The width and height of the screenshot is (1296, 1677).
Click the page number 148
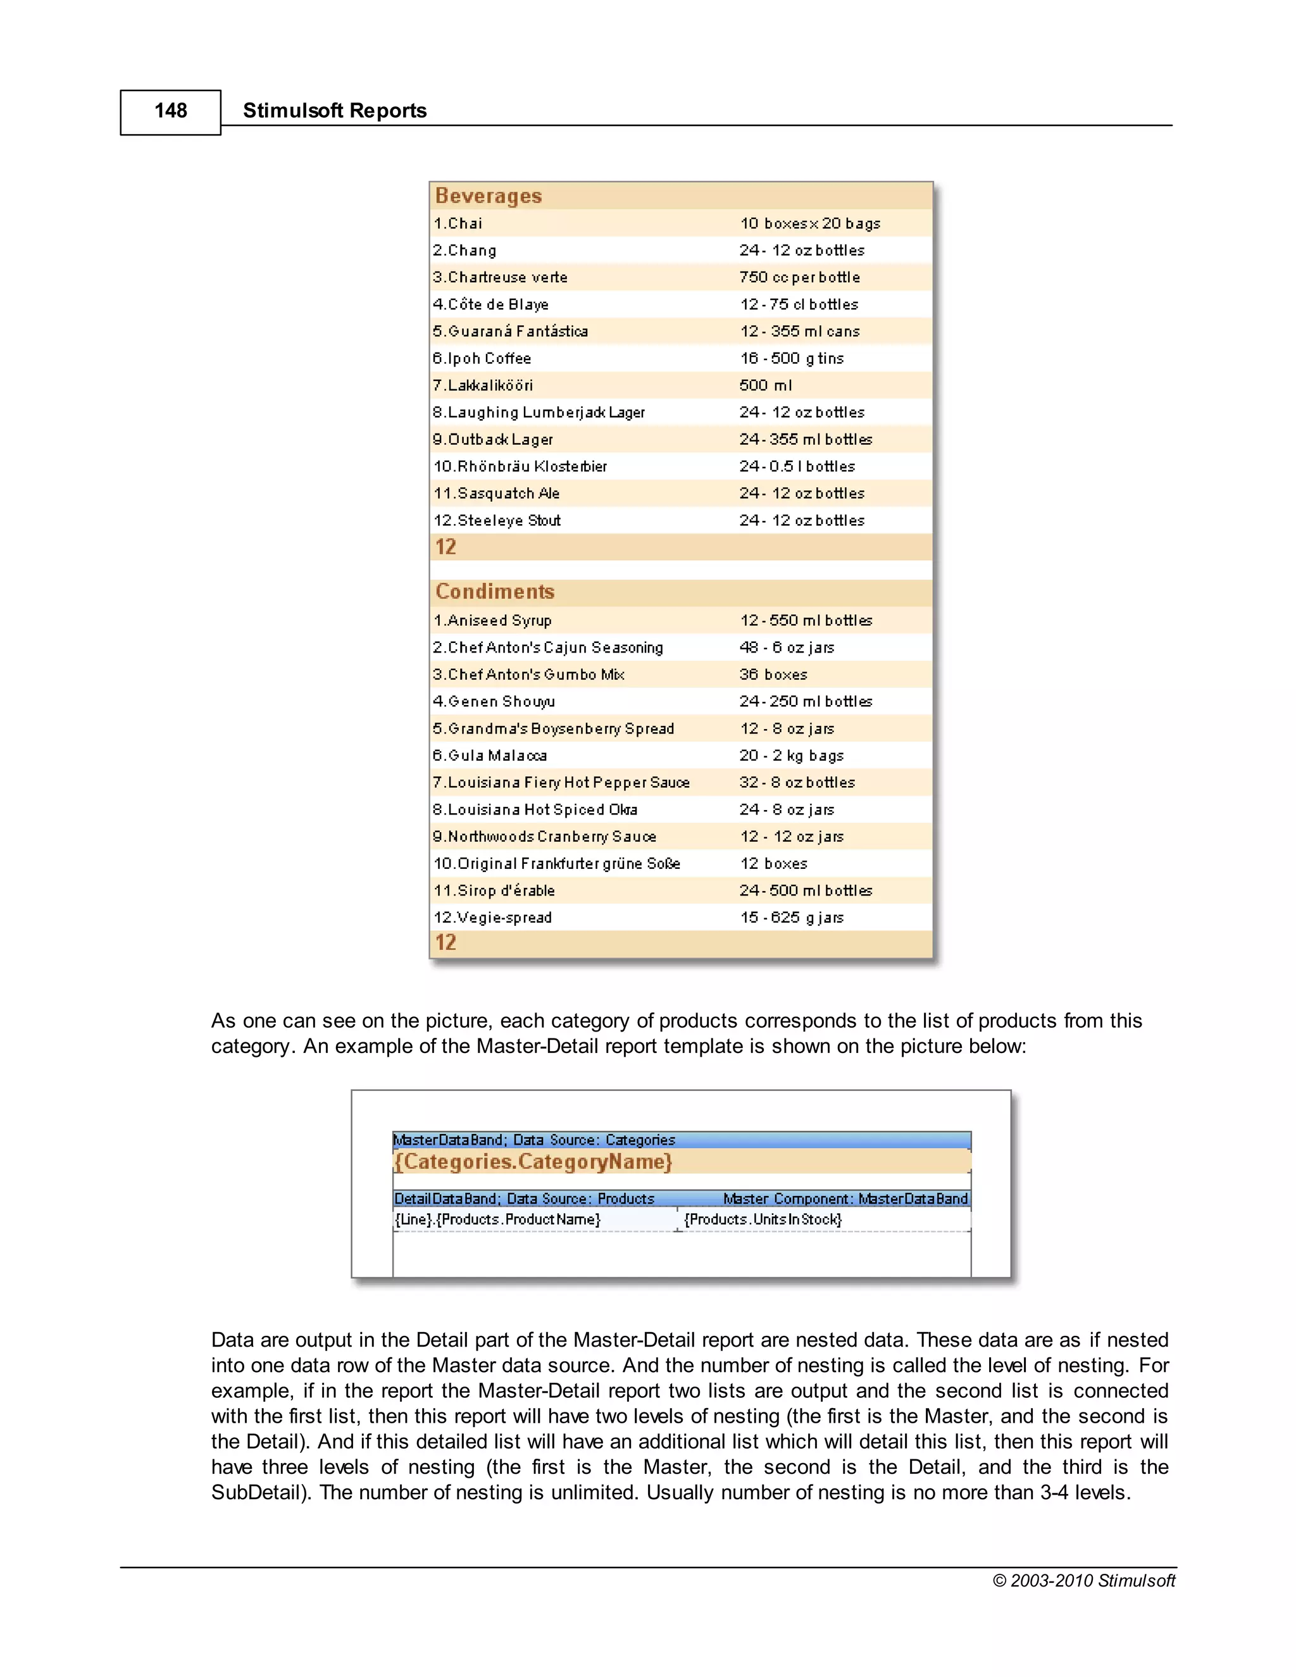click(x=170, y=111)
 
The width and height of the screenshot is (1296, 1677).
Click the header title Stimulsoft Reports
click(x=334, y=111)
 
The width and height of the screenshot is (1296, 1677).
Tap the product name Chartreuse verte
click(x=500, y=277)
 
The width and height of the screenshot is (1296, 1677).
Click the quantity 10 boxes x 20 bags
click(x=809, y=223)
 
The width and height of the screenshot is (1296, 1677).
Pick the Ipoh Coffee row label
click(x=482, y=359)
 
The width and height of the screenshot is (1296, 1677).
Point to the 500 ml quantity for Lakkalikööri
click(x=766, y=385)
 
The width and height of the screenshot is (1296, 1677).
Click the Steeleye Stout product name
click(x=497, y=521)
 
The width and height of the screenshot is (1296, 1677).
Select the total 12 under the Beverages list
click(x=445, y=547)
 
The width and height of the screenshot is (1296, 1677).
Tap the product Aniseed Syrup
click(x=492, y=620)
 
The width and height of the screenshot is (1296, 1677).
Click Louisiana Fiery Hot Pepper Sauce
click(x=561, y=782)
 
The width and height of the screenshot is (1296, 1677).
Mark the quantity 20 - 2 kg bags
click(x=791, y=756)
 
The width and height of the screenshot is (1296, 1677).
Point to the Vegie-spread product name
click(x=492, y=918)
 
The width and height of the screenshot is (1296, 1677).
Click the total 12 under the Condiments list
click(x=445, y=943)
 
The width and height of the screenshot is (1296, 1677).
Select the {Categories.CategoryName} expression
click(x=533, y=1162)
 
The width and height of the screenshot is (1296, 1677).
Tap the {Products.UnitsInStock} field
click(x=763, y=1219)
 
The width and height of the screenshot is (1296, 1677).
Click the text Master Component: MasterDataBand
click(x=845, y=1199)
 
